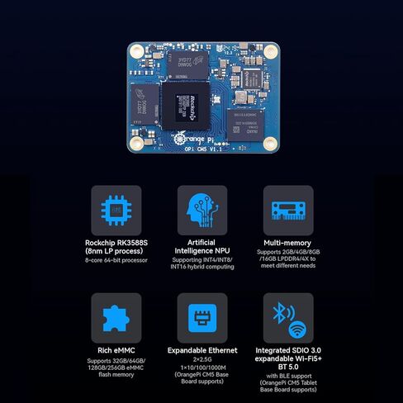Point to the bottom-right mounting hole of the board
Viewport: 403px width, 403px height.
[x=269, y=145]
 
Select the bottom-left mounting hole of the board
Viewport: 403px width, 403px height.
[x=134, y=145]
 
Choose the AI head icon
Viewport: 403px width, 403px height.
[x=201, y=211]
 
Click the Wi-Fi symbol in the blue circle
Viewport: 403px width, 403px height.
[x=296, y=325]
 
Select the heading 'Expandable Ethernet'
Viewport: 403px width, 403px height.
[x=201, y=351]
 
